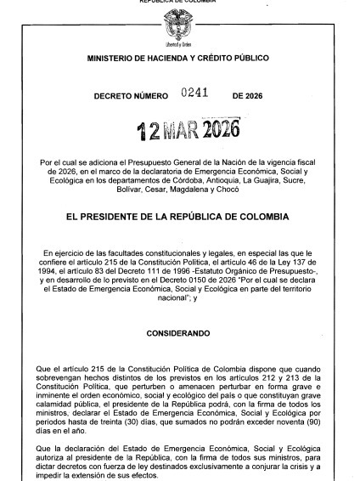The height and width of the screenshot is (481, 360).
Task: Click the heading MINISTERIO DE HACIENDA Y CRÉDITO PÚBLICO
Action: tap(178, 58)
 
